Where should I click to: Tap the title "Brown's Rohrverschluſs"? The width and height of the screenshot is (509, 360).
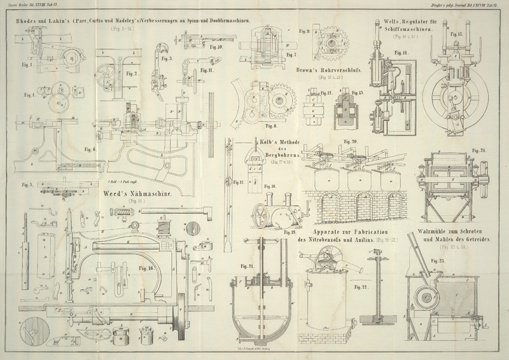[x=328, y=71]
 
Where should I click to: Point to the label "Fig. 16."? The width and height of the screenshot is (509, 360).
[x=147, y=268]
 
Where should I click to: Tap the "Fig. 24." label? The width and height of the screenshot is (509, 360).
[x=478, y=151]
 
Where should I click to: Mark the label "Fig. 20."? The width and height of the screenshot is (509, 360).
[x=351, y=141]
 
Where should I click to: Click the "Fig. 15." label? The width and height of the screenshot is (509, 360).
[x=455, y=34]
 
